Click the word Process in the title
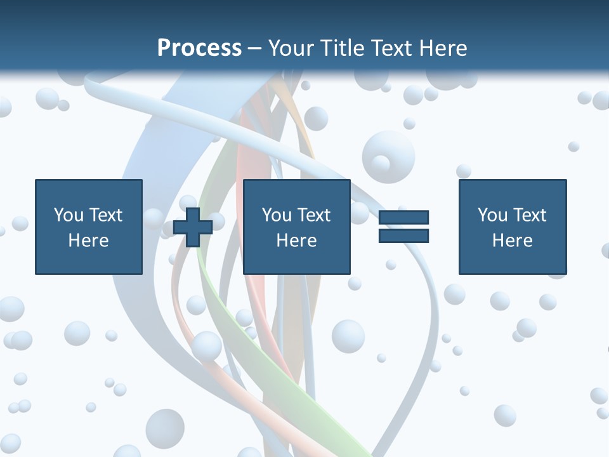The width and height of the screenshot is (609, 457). point(199,48)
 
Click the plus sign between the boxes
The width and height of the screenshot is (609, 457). point(193,227)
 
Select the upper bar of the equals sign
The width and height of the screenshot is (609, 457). point(403,218)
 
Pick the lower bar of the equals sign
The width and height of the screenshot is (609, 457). point(403,235)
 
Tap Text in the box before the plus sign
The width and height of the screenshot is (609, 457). point(105,215)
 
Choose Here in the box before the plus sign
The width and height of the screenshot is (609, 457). point(88,241)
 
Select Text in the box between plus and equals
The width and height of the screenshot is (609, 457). point(313,215)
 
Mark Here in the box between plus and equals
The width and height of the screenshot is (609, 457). point(296,241)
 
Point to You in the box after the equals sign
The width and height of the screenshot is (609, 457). point(492,215)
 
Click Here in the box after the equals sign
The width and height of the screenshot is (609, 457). point(512,241)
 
